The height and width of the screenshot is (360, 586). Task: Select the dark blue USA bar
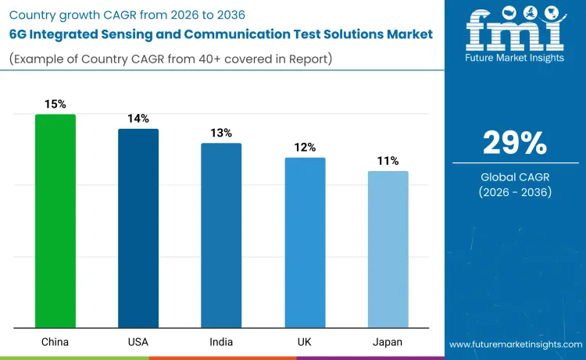pos(138,228)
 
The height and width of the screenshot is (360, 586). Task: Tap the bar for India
pos(221,235)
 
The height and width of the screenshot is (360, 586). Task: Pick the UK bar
pos(305,242)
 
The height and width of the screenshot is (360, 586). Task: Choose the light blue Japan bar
pos(388,249)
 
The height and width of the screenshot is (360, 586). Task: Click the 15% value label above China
pos(55,104)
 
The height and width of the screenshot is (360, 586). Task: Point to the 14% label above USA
pos(138,118)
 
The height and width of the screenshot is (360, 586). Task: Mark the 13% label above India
pos(221,133)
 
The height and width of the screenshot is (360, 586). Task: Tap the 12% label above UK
pos(305,147)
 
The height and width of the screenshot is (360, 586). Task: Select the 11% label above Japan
pos(388,161)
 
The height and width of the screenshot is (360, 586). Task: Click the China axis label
pos(55,342)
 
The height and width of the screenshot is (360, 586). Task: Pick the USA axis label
pos(138,342)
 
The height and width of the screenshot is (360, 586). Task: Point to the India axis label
pos(221,342)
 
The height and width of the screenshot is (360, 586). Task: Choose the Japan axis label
pos(388,342)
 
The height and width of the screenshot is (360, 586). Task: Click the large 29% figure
pos(515,143)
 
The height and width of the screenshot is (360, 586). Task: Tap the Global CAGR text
pos(515,177)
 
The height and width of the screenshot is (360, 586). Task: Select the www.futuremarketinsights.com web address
pos(515,344)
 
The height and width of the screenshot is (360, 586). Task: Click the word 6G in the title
pos(20,34)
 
